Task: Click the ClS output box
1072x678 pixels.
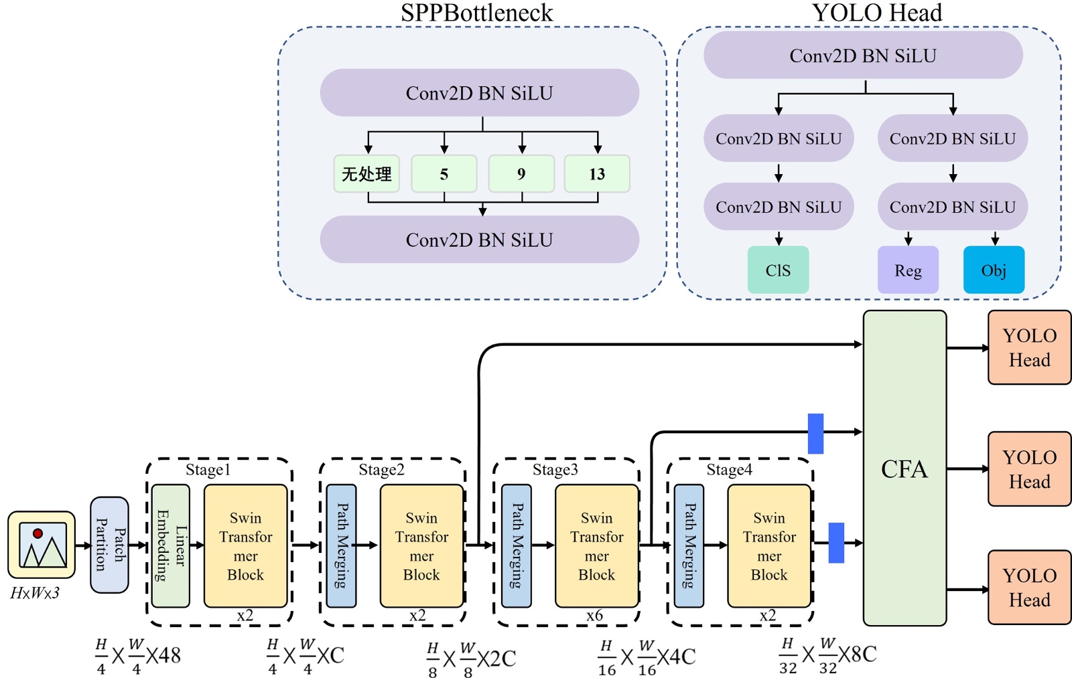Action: pos(778,270)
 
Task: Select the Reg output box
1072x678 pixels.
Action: pos(908,270)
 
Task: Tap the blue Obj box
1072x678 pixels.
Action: pos(994,270)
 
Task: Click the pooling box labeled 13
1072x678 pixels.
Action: pos(597,174)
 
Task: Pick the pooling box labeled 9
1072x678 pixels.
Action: pos(521,174)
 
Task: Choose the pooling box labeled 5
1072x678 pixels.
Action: pos(444,174)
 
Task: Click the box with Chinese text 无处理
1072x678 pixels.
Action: pos(366,174)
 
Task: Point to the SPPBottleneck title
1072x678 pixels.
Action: pos(476,13)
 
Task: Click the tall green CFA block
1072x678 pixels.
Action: pos(904,469)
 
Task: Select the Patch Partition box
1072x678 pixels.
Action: pos(109,545)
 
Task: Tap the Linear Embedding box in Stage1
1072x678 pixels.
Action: pos(171,545)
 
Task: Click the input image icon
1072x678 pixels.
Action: pos(42,545)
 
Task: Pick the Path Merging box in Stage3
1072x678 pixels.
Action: pos(517,545)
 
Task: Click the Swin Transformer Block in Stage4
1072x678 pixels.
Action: pos(769,545)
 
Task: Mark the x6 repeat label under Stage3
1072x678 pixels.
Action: pos(594,616)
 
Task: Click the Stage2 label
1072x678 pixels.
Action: pos(381,470)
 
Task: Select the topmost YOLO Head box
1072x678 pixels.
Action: pos(1029,347)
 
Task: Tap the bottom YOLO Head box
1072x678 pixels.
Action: pos(1029,587)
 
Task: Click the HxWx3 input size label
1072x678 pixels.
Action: pos(35,593)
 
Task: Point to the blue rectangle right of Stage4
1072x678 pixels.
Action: pos(836,543)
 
